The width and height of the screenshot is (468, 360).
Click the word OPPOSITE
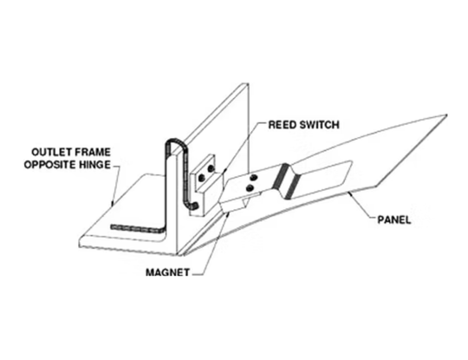pyautogui.click(x=57, y=161)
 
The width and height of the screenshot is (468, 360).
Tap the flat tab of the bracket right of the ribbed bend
pyautogui.click(x=325, y=178)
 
